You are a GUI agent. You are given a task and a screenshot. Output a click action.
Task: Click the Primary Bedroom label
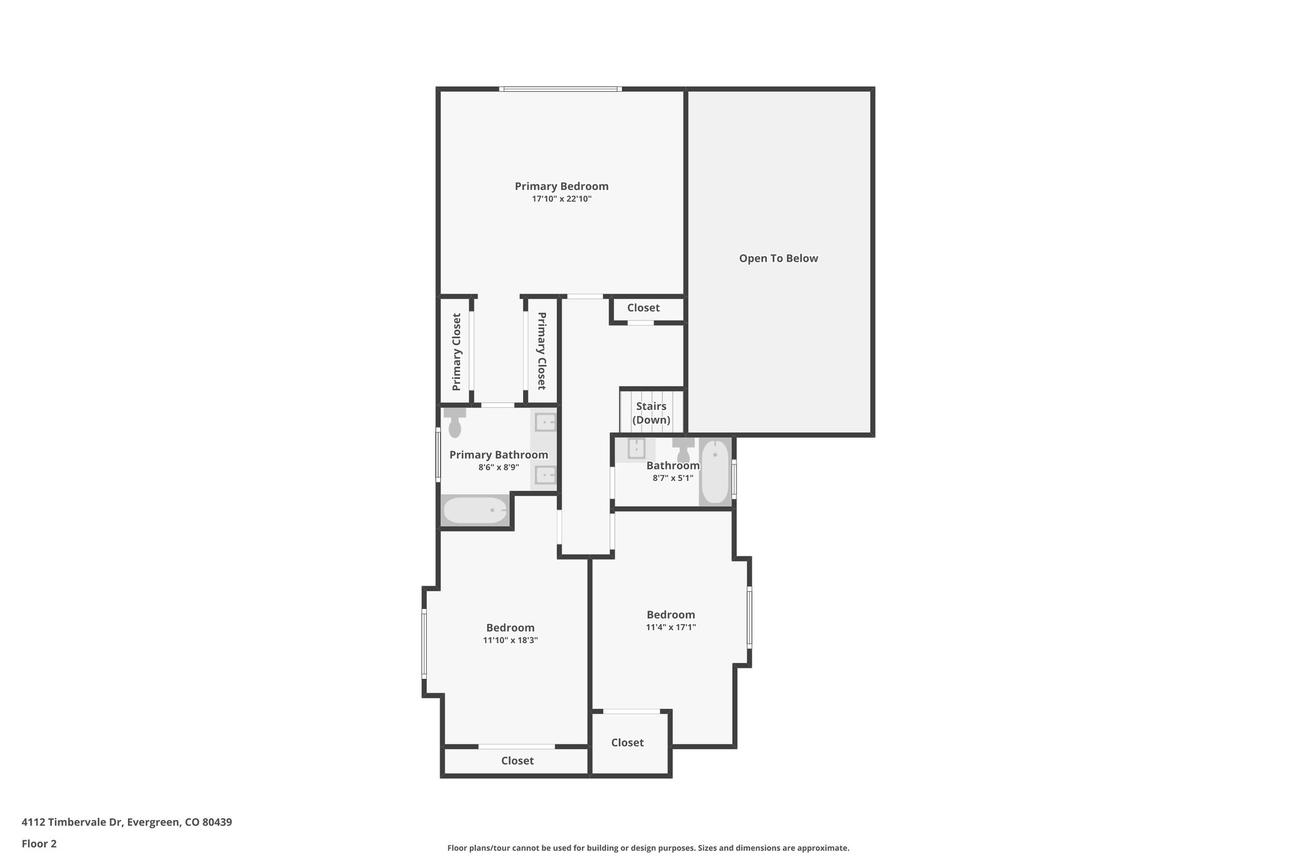[x=561, y=186]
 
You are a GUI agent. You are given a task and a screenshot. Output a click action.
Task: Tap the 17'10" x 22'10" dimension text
[x=561, y=199]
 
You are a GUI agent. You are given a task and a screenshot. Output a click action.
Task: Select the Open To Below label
[x=778, y=259]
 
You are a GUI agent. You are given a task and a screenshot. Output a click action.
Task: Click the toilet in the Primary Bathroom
[x=455, y=424]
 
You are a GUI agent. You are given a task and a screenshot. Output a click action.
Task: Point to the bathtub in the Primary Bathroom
[x=475, y=510]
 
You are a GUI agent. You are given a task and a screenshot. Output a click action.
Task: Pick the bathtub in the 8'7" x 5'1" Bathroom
[x=715, y=471]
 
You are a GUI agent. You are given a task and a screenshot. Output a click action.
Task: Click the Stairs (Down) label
[x=651, y=413]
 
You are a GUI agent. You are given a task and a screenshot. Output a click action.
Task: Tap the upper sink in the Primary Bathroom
[x=545, y=422]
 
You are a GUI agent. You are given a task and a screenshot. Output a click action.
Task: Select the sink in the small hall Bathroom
[x=636, y=449]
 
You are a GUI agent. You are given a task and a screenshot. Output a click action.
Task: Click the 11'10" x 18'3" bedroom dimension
[x=510, y=641]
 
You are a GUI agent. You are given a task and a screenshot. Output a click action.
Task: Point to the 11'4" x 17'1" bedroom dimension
[x=671, y=627]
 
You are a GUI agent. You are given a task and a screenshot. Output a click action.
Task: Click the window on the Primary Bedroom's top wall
[x=560, y=89]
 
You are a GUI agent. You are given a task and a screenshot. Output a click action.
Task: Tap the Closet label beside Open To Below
[x=643, y=308]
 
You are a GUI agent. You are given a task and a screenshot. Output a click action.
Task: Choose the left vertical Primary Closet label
[x=457, y=352]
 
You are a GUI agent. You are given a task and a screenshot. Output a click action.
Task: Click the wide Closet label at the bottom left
[x=517, y=761]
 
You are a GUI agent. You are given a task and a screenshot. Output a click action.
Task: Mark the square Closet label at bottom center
[x=627, y=743]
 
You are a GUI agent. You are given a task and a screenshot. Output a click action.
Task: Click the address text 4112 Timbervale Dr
[x=127, y=823]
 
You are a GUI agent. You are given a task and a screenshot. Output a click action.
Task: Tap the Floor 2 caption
[x=39, y=844]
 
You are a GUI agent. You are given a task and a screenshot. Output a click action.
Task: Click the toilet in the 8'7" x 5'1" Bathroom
[x=683, y=450]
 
